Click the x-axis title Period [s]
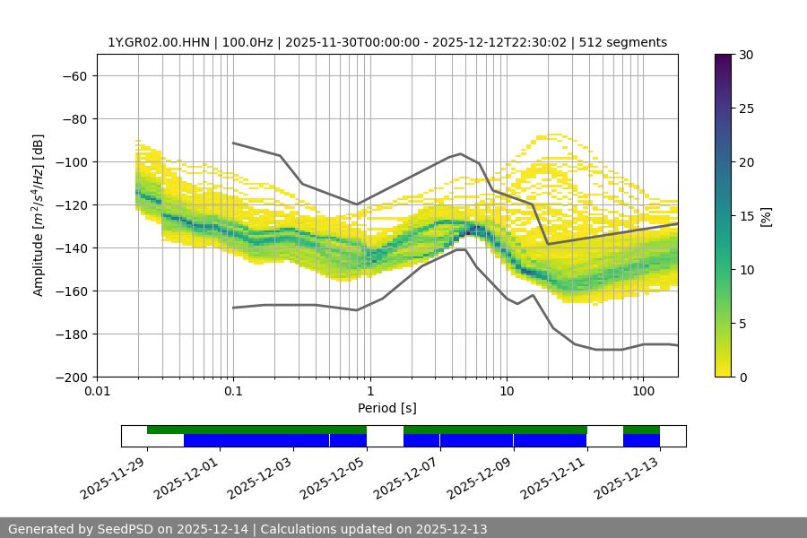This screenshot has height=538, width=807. coord(387,408)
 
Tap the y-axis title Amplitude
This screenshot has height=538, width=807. coord(39,215)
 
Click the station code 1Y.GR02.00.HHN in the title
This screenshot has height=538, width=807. coord(158,42)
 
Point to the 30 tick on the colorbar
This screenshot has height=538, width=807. coord(746,55)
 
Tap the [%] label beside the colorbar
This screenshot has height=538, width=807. coord(766,216)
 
